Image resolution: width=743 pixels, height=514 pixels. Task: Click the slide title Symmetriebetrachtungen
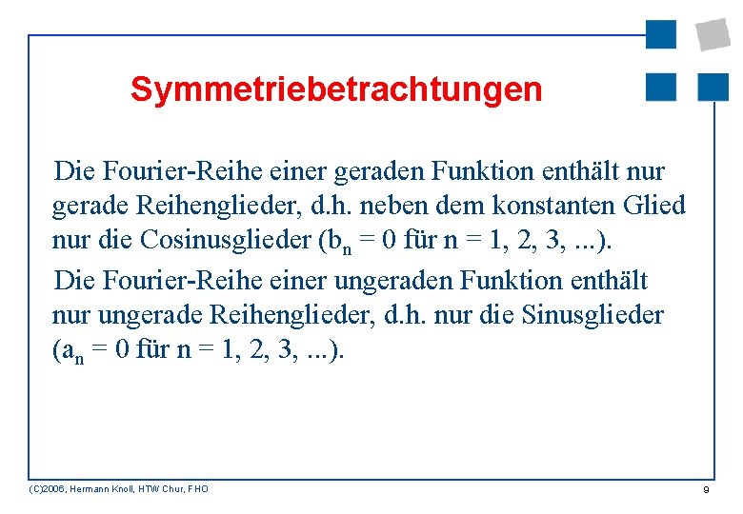coord(336,89)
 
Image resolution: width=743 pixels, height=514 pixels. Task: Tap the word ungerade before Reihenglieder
coord(144,316)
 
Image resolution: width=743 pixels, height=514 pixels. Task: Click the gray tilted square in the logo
coord(713,34)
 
